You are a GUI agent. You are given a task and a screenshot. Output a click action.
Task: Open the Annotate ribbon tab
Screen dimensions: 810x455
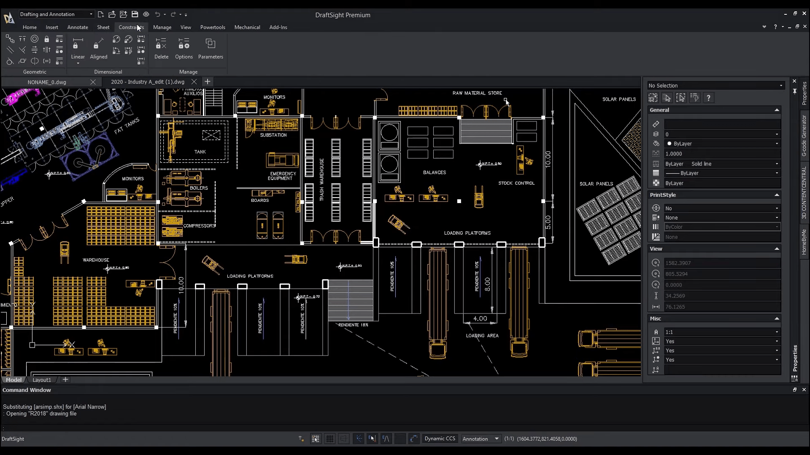[x=78, y=27]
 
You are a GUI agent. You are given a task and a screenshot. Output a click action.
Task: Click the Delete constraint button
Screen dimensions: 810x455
[x=161, y=49]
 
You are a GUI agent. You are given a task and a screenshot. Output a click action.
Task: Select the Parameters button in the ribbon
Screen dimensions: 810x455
[x=211, y=49]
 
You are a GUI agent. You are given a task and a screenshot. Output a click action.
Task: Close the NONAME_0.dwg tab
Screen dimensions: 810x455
[x=93, y=82]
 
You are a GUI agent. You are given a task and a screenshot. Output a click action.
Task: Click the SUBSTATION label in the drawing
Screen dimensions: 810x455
[x=273, y=135]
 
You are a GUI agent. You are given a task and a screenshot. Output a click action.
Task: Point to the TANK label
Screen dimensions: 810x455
[x=200, y=152]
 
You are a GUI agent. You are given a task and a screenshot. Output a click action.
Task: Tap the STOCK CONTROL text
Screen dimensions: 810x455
[x=516, y=183]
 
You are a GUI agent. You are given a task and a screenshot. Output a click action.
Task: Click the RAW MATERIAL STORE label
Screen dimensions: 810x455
[x=477, y=93]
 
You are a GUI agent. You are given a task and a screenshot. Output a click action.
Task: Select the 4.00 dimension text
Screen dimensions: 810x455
[x=480, y=319]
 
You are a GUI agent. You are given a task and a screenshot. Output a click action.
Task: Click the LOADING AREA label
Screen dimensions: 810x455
[x=482, y=336]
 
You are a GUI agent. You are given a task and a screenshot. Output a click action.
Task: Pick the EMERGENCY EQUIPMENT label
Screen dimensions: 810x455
[x=283, y=176]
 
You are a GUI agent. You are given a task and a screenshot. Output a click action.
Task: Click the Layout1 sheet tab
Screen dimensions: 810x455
[x=42, y=380]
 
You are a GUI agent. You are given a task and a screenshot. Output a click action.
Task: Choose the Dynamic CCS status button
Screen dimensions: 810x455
[x=440, y=439]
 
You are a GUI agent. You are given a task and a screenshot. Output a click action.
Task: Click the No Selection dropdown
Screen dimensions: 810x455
[x=715, y=86]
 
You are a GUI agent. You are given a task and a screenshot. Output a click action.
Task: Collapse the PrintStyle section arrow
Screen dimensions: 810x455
[x=777, y=195]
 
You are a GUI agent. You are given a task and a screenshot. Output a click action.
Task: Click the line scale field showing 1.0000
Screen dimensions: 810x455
[x=721, y=154]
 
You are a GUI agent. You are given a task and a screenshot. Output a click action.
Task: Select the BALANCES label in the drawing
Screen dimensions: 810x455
[x=435, y=173]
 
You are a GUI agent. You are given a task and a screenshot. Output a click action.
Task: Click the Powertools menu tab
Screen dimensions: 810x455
[x=213, y=27]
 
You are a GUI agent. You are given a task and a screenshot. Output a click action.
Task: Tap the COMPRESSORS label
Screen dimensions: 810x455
[x=200, y=226]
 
